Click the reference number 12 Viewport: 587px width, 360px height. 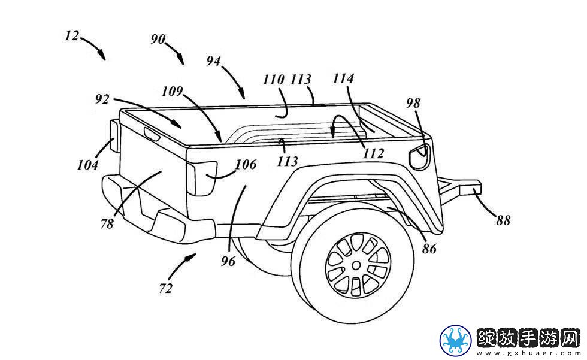point(72,36)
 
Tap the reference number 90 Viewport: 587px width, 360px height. point(158,39)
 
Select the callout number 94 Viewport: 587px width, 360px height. point(214,60)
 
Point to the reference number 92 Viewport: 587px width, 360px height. point(102,99)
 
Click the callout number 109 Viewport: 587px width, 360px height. point(172,91)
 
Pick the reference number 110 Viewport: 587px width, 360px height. point(273,80)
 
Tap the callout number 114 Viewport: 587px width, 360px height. point(343,78)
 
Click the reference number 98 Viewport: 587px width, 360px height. point(413,103)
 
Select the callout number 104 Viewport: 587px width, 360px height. point(88,165)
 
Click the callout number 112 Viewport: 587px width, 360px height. point(374,153)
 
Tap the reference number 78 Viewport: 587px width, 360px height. point(107,224)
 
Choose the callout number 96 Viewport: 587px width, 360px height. point(228,261)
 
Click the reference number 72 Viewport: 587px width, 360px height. point(165,288)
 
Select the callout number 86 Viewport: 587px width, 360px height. point(429,249)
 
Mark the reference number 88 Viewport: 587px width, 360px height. point(503,221)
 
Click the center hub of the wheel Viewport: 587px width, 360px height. point(356,265)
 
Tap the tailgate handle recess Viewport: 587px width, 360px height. point(152,134)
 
